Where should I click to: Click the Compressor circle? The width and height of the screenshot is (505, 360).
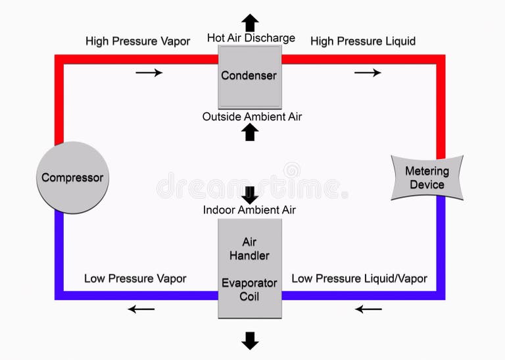pyautogui.click(x=72, y=178)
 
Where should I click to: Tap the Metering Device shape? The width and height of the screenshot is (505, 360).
pyautogui.click(x=427, y=178)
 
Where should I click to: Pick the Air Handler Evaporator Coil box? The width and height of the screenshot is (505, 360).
pyautogui.click(x=249, y=269)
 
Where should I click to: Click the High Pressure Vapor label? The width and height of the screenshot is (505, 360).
pyautogui.click(x=137, y=41)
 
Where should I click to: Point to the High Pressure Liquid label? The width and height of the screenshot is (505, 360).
pyautogui.click(x=363, y=41)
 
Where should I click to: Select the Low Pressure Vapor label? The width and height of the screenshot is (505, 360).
pyautogui.click(x=135, y=278)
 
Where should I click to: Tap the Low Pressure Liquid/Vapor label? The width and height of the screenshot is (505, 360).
pyautogui.click(x=359, y=278)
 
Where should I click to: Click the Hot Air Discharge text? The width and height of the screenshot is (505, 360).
pyautogui.click(x=251, y=38)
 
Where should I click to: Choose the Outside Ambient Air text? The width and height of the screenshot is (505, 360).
pyautogui.click(x=252, y=116)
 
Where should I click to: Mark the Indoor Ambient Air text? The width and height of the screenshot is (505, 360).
pyautogui.click(x=249, y=210)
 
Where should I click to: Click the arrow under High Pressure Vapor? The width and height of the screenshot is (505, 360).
pyautogui.click(x=149, y=72)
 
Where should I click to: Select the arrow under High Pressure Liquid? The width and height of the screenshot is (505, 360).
pyautogui.click(x=368, y=72)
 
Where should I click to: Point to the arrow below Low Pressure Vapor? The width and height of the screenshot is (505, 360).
pyautogui.click(x=141, y=309)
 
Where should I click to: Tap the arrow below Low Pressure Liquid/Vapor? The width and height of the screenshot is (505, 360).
pyautogui.click(x=368, y=309)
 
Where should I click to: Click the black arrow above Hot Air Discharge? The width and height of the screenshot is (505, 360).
pyautogui.click(x=250, y=22)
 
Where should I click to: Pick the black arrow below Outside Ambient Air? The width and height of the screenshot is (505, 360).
pyautogui.click(x=250, y=132)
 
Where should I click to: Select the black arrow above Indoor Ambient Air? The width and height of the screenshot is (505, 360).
pyautogui.click(x=250, y=195)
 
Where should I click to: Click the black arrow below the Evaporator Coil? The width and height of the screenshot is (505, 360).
pyautogui.click(x=250, y=340)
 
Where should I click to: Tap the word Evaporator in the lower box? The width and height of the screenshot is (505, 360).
pyautogui.click(x=249, y=284)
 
